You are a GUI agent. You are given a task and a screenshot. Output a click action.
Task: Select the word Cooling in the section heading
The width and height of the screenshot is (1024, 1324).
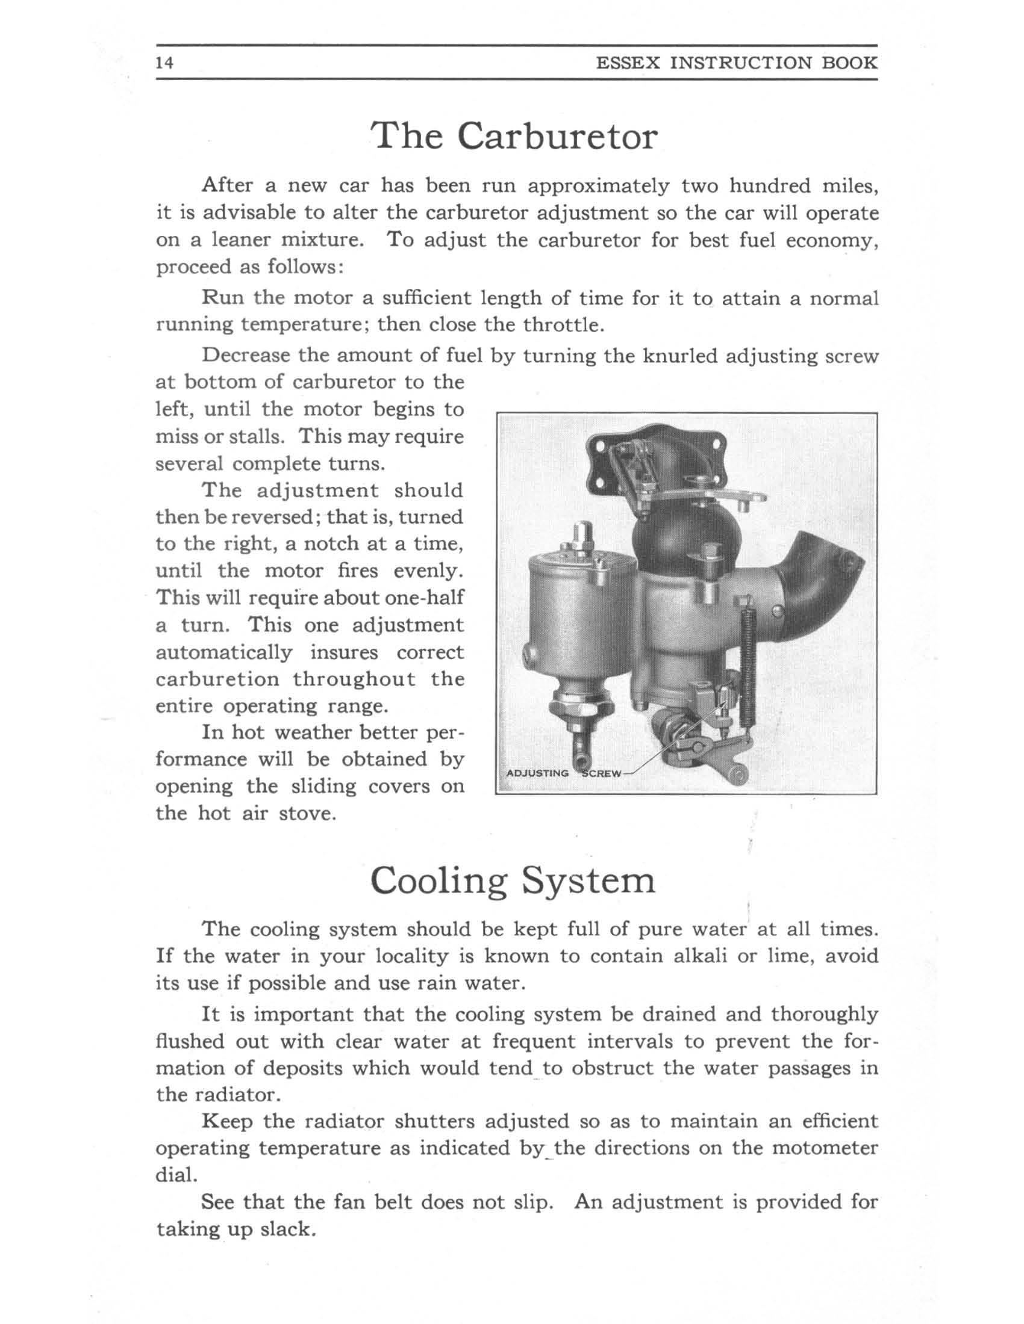point(438,882)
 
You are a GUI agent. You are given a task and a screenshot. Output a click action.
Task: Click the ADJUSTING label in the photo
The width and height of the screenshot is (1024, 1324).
point(537,773)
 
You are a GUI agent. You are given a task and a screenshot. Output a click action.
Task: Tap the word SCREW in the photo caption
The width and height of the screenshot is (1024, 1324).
point(602,773)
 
